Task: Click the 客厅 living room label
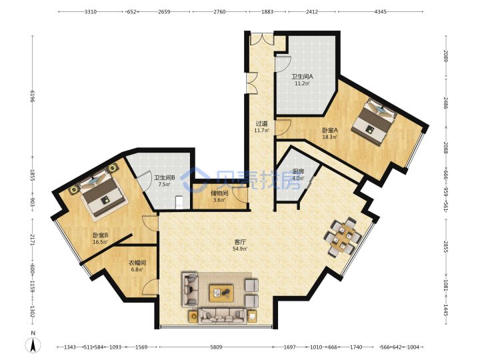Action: tap(240, 242)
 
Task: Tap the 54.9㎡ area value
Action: tap(240, 249)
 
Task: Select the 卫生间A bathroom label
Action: tap(302, 77)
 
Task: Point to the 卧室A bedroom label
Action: tap(330, 130)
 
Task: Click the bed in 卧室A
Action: tap(374, 122)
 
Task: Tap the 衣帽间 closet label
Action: tap(137, 263)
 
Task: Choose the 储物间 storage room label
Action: tap(219, 193)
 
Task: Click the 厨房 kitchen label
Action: tap(298, 171)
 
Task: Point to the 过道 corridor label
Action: tap(261, 124)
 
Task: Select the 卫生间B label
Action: tap(165, 177)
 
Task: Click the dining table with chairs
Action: tap(343, 237)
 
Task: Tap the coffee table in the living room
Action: tap(221, 293)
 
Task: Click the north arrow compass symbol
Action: tap(33, 345)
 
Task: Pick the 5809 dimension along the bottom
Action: tap(216, 347)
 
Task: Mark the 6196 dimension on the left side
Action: tap(33, 97)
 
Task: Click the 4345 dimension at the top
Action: tap(380, 11)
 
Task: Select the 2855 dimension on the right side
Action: tap(446, 247)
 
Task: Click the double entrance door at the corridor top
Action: tap(262, 39)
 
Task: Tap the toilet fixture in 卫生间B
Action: tap(179, 203)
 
